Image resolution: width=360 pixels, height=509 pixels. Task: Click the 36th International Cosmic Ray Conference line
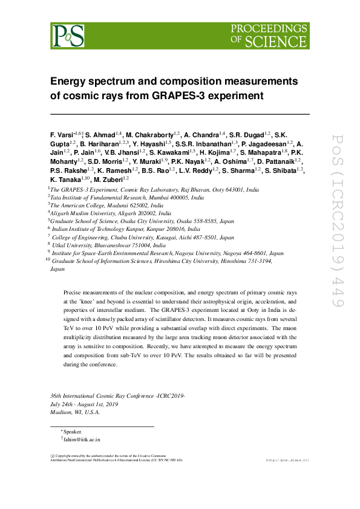(117, 395)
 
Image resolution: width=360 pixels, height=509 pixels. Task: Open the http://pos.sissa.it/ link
(288, 460)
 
